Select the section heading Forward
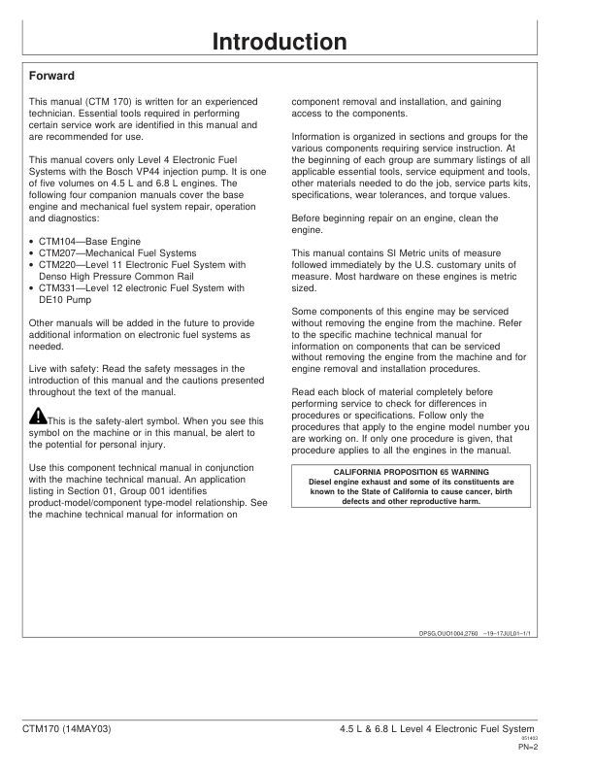tap(52, 75)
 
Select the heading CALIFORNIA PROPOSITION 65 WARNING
tap(412, 471)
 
